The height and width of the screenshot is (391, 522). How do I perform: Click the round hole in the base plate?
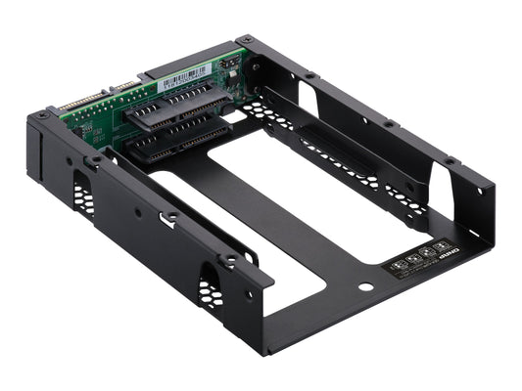(x=365, y=288)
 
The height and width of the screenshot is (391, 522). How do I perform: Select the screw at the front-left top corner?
(x=43, y=114)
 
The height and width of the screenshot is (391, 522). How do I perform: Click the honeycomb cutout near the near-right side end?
(x=211, y=290)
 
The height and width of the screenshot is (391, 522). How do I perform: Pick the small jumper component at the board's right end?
(x=226, y=66)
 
